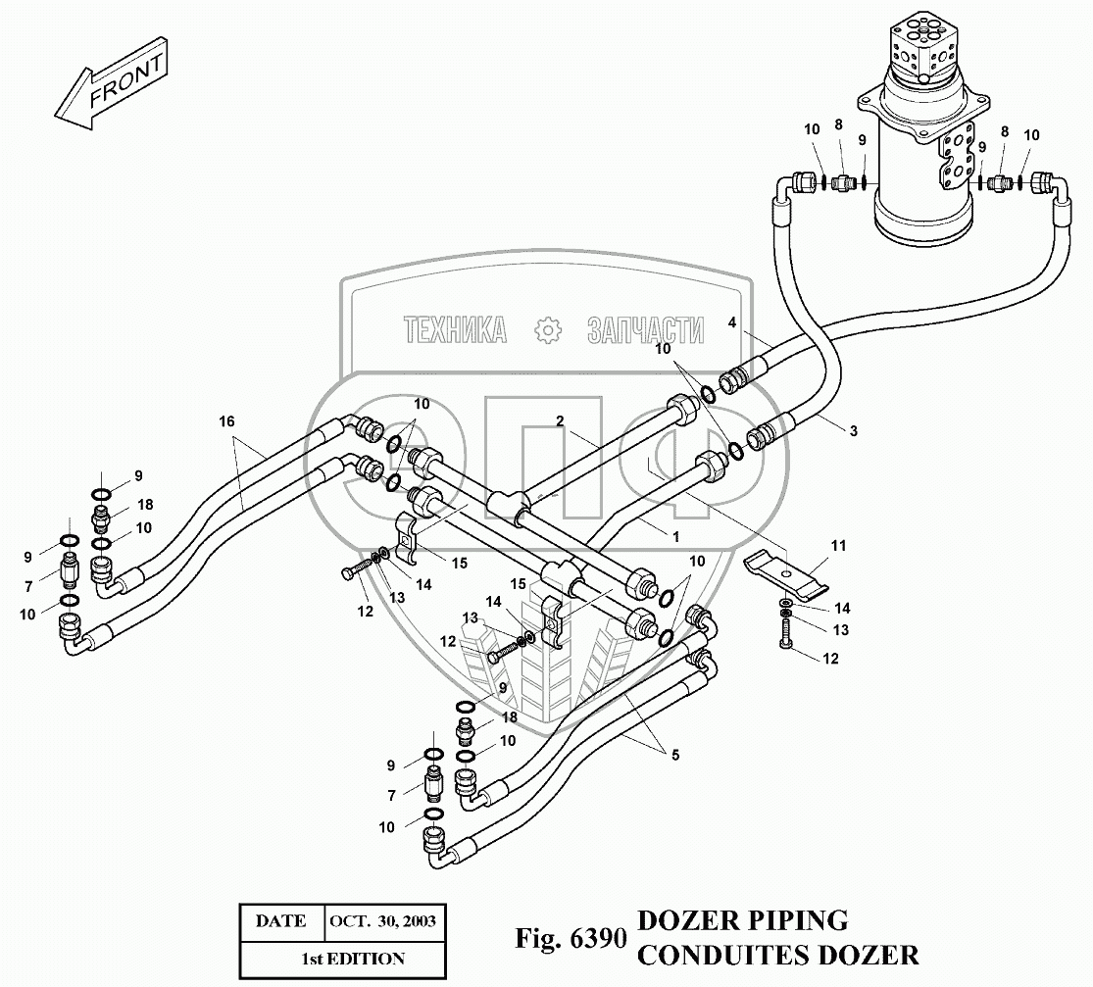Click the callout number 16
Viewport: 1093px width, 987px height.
point(226,421)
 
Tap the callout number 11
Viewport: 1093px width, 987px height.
point(838,546)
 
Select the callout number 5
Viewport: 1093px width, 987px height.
point(674,755)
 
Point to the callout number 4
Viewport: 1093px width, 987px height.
point(732,322)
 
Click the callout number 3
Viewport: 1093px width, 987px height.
point(853,431)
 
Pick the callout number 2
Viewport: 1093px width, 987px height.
point(560,421)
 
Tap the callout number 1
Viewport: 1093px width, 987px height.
point(675,537)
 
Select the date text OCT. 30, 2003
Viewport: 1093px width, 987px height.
point(382,921)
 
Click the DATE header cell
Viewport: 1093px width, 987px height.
point(281,921)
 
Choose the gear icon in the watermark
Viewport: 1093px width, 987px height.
point(548,329)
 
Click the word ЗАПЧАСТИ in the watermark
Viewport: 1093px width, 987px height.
point(645,330)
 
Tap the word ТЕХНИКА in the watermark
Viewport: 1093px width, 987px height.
point(455,329)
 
